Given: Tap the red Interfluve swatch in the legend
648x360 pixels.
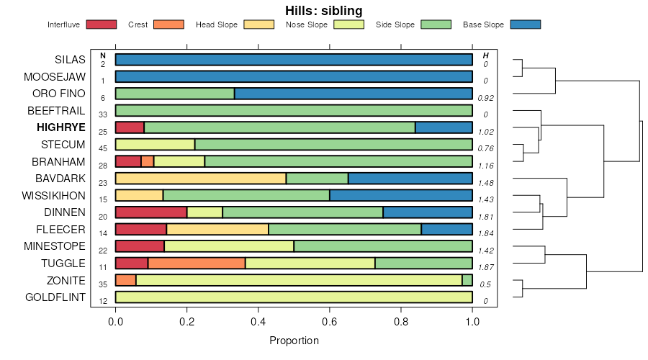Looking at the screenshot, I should click(101, 24).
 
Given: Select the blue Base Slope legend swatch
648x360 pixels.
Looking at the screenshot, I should click(525, 24).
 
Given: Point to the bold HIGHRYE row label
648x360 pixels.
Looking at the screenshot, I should click(61, 127).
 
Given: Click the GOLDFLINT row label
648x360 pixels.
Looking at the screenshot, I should click(55, 297).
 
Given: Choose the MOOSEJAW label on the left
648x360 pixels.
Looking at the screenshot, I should click(55, 76).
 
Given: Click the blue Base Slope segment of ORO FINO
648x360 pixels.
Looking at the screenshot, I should click(353, 94).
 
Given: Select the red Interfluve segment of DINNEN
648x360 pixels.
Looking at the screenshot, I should click(151, 212).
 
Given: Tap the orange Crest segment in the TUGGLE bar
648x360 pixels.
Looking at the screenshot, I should click(197, 264).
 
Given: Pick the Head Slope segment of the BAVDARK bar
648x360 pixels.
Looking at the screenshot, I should click(200, 179).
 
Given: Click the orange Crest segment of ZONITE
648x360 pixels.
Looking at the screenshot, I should click(125, 280).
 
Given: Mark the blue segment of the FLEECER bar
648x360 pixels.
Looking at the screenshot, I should click(446, 230).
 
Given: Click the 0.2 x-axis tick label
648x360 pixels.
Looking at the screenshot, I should click(186, 322).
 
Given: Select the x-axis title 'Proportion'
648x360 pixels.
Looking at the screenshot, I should click(294, 340).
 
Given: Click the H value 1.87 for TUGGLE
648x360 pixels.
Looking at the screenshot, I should click(485, 267).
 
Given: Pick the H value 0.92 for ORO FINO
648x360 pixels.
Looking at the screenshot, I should click(485, 98).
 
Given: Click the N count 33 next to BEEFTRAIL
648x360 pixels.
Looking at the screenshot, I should click(103, 114).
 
